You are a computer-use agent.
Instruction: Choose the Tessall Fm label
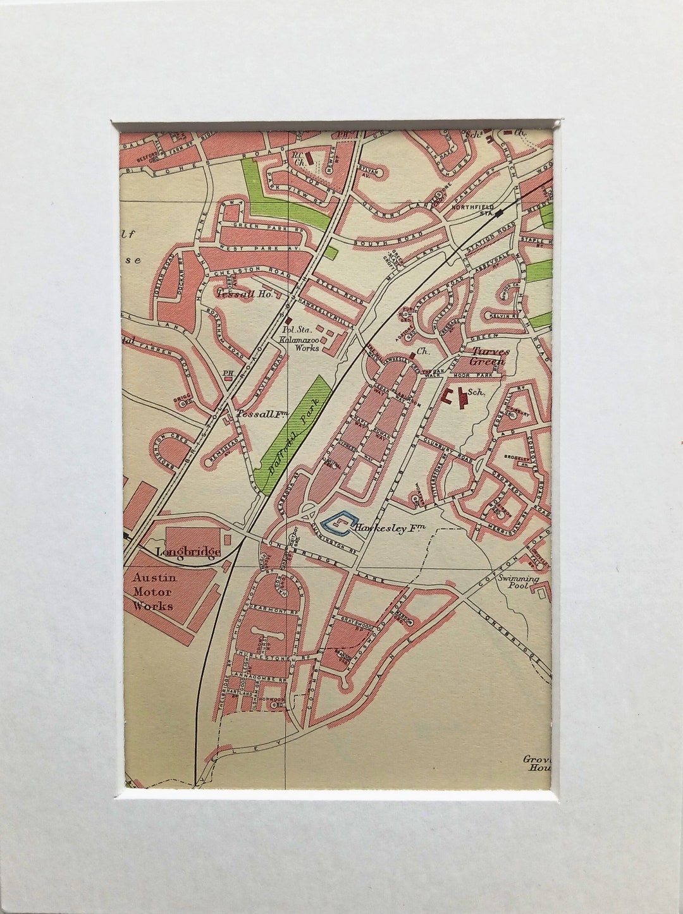pyautogui.click(x=259, y=415)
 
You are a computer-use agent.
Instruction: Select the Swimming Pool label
pyautogui.click(x=518, y=582)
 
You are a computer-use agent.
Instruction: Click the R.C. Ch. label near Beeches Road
pyautogui.click(x=297, y=155)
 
